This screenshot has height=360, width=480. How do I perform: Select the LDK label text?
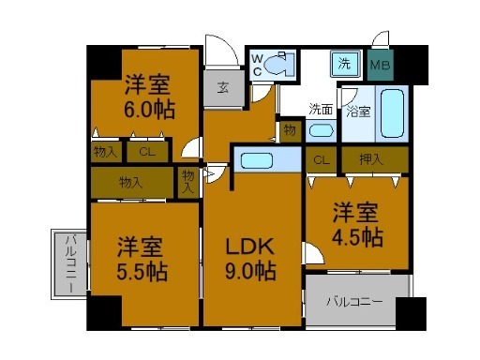[x=248, y=248]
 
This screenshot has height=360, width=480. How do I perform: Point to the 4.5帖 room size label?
[x=358, y=236]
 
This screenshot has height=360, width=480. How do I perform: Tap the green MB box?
[x=380, y=66]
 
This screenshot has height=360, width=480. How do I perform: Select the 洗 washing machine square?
[x=345, y=66]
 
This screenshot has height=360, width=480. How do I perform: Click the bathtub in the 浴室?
[x=391, y=113]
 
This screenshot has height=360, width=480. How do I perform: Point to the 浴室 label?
[x=357, y=112]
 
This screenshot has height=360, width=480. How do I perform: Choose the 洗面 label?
[x=322, y=107]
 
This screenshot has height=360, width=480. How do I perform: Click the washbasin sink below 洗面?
[x=321, y=130]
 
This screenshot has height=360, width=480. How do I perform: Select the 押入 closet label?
[x=371, y=159]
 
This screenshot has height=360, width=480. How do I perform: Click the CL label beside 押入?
[x=321, y=159]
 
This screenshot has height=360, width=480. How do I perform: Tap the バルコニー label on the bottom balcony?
[x=353, y=302]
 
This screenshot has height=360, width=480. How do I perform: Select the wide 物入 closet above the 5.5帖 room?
[x=131, y=181]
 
